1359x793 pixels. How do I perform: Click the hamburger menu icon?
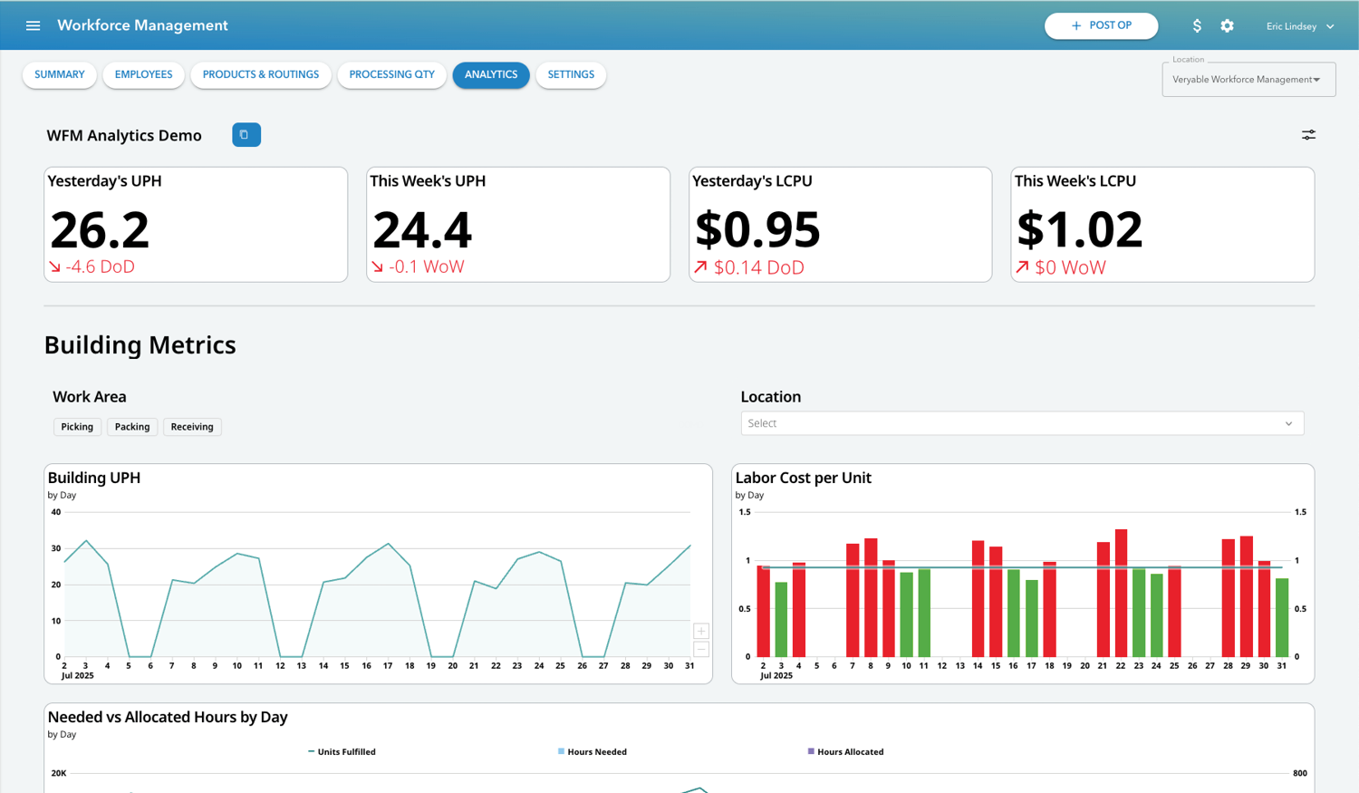click(33, 25)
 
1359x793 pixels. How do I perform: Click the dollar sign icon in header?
click(1197, 25)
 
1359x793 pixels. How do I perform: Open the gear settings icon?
click(1227, 25)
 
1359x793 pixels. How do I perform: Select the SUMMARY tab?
click(60, 74)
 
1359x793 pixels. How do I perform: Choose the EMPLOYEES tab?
click(143, 74)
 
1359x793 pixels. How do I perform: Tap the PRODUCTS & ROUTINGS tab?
click(260, 74)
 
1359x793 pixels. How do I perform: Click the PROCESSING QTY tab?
click(391, 74)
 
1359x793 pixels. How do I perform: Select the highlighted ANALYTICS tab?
click(490, 74)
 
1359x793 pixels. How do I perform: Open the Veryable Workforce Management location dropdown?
click(1248, 80)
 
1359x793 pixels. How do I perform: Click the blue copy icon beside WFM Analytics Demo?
click(246, 135)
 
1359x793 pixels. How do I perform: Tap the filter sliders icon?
click(1308, 135)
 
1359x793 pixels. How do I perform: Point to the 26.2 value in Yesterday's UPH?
click(100, 230)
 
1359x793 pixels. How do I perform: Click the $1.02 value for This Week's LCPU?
click(1079, 230)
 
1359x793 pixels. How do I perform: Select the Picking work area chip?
click(77, 427)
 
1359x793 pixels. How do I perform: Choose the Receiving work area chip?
click(192, 427)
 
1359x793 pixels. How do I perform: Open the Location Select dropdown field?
click(1021, 423)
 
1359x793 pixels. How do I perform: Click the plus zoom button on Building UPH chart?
click(700, 631)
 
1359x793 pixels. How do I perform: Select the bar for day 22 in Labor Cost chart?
click(1121, 594)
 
